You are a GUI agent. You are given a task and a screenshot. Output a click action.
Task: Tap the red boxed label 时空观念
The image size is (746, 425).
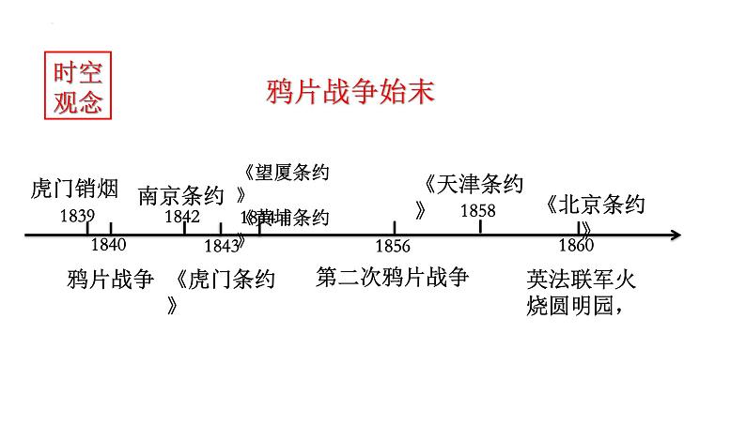pyautogui.click(x=77, y=86)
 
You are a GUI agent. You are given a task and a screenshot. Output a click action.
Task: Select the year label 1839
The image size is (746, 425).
pyautogui.click(x=76, y=216)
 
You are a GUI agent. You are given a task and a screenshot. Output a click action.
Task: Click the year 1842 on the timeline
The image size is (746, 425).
pyautogui.click(x=182, y=216)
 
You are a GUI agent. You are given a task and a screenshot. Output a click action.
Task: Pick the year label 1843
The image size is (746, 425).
pyautogui.click(x=222, y=246)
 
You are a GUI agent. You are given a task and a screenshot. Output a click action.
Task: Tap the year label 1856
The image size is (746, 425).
pyautogui.click(x=393, y=246)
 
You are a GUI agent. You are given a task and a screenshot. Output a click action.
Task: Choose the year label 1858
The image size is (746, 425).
pyautogui.click(x=477, y=211)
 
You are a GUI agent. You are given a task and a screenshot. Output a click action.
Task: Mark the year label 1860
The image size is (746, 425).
pyautogui.click(x=576, y=246)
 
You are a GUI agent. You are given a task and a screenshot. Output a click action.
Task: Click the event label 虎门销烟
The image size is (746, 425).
pyautogui.click(x=74, y=190)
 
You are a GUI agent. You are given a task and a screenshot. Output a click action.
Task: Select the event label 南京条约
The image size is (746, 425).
pyautogui.click(x=181, y=195)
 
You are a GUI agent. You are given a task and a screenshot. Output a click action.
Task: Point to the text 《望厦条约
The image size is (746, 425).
pyautogui.click(x=286, y=172)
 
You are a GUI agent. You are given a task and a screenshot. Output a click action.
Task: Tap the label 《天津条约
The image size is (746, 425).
pyautogui.click(x=474, y=184)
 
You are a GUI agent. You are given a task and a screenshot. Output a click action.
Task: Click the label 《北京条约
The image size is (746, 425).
pyautogui.click(x=595, y=205)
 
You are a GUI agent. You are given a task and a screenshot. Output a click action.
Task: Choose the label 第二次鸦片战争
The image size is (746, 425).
pyautogui.click(x=392, y=278)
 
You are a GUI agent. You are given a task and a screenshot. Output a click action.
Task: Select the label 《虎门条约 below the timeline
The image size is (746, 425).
pyautogui.click(x=225, y=280)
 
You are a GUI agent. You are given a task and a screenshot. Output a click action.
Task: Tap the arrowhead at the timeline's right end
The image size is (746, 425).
pyautogui.click(x=674, y=235)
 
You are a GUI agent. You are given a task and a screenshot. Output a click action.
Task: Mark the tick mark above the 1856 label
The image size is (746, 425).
pyautogui.click(x=395, y=228)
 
